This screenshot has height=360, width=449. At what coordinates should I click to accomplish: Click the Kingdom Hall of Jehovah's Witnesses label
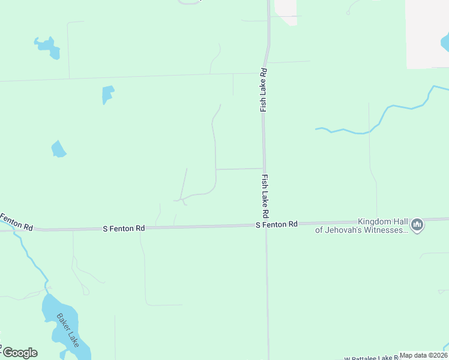coord(363,226)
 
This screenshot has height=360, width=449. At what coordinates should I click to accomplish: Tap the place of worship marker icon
coord(417,226)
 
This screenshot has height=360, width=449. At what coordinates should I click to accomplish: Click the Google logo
coord(20,353)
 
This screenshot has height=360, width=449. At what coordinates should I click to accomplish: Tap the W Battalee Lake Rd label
coord(372,357)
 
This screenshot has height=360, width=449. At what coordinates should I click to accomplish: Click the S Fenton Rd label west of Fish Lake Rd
coord(124,229)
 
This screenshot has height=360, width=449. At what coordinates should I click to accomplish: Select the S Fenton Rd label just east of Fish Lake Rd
coord(277,224)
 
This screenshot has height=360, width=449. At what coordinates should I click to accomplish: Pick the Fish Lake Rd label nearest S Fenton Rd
coord(265,196)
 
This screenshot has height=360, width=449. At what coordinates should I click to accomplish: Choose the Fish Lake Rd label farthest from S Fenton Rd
coord(263,90)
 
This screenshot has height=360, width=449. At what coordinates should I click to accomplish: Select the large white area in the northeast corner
coord(427,33)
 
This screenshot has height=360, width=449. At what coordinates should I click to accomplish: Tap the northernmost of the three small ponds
coord(48,47)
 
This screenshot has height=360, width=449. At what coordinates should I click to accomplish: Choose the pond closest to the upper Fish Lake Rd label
coord(107,94)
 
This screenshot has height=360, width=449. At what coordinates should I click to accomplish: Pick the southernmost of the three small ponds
coord(58,149)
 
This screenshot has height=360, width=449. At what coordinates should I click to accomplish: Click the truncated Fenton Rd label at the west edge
coord(16,221)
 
